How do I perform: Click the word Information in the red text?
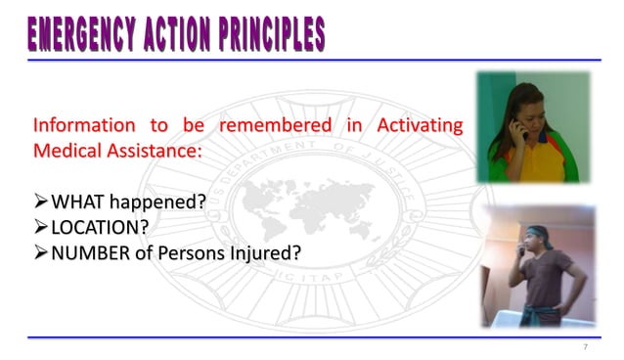pyautogui.click(x=83, y=126)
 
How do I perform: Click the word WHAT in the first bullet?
pyautogui.click(x=74, y=202)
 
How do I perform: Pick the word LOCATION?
pyautogui.click(x=93, y=228)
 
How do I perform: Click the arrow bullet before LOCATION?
pyautogui.click(x=40, y=228)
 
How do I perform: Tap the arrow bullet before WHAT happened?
pyautogui.click(x=40, y=202)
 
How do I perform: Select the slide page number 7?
pyautogui.click(x=585, y=347)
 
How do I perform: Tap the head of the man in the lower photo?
pyautogui.click(x=539, y=238)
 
